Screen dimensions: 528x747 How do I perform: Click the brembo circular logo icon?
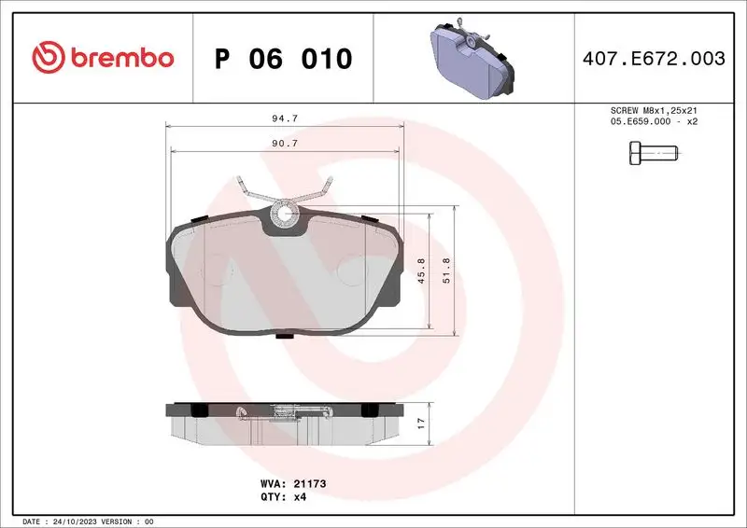click(x=47, y=58)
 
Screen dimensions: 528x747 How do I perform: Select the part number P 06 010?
click(x=283, y=59)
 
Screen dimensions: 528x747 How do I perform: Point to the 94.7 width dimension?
click(x=283, y=118)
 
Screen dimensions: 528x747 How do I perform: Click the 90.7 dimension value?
click(x=283, y=143)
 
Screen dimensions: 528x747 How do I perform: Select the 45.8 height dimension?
click(x=421, y=271)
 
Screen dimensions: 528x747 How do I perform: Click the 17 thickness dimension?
click(x=421, y=422)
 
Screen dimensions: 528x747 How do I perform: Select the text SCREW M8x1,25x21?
click(x=654, y=110)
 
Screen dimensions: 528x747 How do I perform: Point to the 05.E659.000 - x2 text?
click(x=654, y=121)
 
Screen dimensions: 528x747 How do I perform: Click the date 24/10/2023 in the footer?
click(x=80, y=521)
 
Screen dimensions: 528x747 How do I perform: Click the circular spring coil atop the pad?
click(x=284, y=216)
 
